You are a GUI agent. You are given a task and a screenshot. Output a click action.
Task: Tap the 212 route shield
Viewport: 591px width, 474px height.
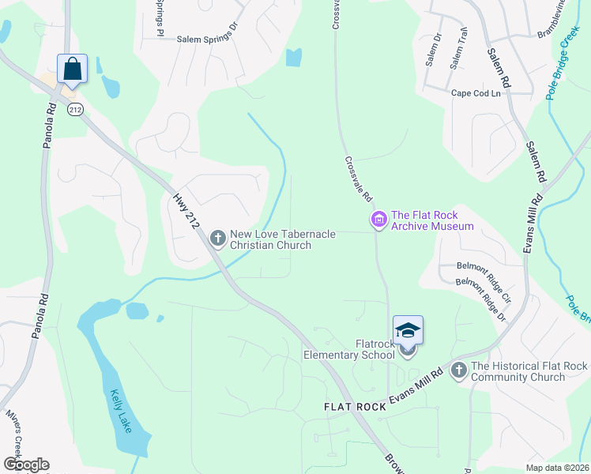pos(75,108)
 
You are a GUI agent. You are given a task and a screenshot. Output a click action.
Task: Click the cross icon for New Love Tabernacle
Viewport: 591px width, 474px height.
pos(218,237)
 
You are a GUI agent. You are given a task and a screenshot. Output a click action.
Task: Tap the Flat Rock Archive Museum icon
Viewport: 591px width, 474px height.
pos(379,219)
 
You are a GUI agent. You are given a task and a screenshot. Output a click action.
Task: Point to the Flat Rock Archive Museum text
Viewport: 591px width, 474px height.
pos(432,220)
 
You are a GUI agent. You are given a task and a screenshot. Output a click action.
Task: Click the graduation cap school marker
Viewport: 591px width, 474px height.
pos(408,330)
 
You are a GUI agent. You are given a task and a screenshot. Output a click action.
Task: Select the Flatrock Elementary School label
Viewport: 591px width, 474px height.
pos(349,349)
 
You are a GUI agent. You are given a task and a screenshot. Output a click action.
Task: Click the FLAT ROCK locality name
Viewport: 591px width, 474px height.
pos(355,407)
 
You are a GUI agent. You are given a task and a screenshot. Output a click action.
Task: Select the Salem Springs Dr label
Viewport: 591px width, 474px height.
pos(207,37)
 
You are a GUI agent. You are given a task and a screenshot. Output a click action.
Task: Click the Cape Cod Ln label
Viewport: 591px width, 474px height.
pos(476,93)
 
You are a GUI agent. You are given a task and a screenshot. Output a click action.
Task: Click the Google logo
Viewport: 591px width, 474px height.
pos(26,465)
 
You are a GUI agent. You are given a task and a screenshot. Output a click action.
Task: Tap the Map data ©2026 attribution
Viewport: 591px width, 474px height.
pos(557,468)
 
